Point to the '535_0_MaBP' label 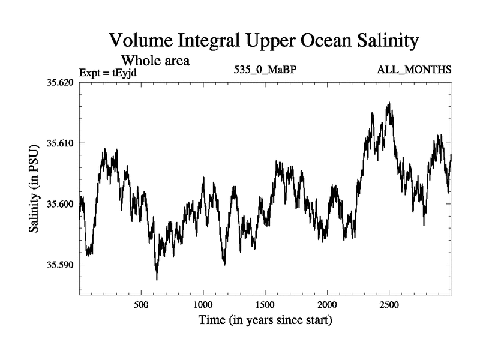265,70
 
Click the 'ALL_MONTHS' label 414,70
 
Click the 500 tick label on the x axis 141,305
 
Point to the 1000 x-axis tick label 203,305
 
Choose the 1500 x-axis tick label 265,305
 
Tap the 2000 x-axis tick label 328,305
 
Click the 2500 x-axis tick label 389,305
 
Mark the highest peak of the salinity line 389,103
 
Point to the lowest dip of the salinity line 157,280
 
